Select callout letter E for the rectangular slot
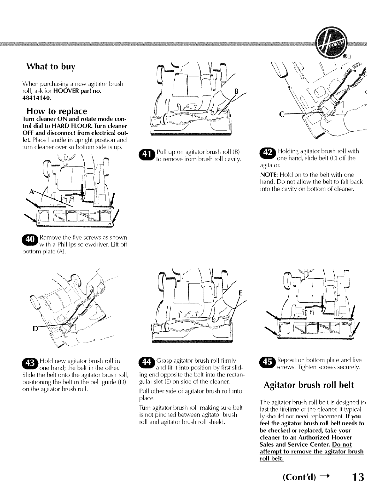point(241,293)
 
